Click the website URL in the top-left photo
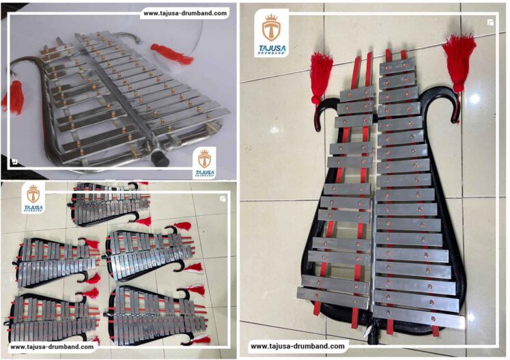pos(185,12)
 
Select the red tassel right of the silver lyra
pos(171,53)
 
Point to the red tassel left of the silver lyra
pos(14,98)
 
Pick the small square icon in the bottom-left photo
pos(222,199)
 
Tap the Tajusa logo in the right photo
pos(272,33)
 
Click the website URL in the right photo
pos(298,346)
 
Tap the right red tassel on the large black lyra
pos(459,61)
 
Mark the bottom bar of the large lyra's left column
pos(332,299)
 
